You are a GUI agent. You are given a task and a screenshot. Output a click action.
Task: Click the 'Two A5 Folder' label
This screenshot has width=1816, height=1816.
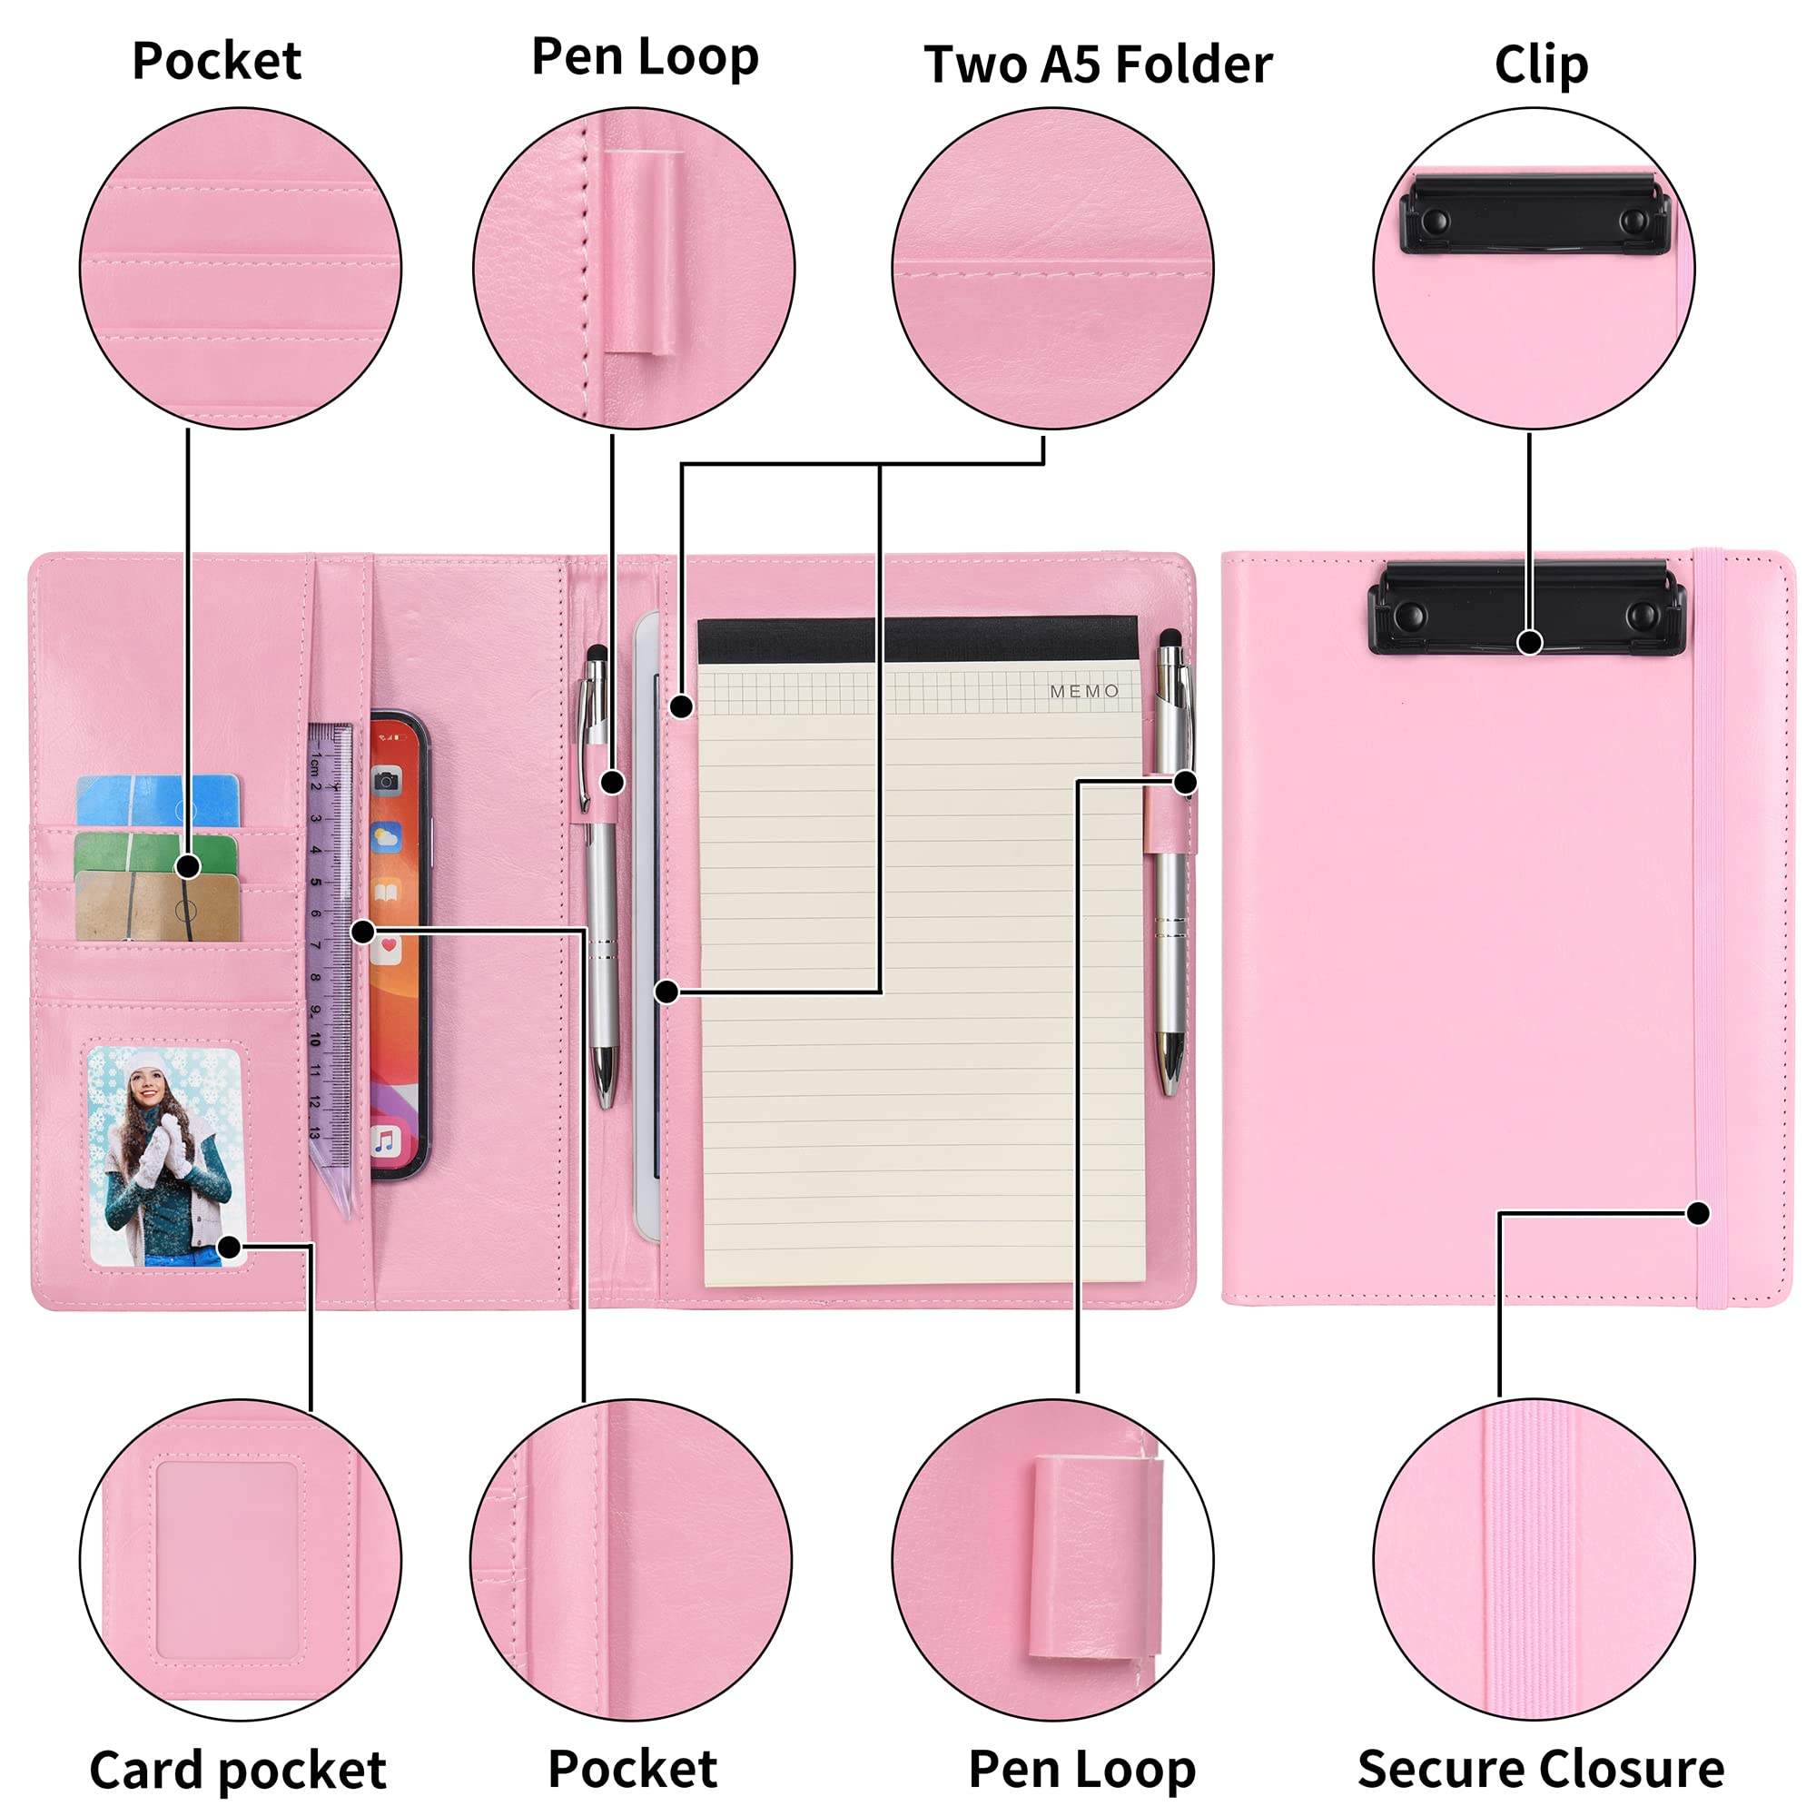(1098, 64)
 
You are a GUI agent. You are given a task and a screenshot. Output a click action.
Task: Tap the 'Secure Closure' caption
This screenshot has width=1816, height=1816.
(1541, 1769)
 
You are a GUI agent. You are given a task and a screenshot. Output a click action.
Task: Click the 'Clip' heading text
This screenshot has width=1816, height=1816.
(1542, 65)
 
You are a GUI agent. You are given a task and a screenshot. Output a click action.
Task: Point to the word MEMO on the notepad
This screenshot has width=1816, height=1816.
(1084, 691)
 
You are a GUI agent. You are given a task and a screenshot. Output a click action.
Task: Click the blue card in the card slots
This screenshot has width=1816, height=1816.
(158, 800)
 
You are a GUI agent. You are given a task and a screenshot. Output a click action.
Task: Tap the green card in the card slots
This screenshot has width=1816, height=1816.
(156, 855)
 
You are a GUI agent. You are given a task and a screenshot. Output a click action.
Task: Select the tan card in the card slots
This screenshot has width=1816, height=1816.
(158, 907)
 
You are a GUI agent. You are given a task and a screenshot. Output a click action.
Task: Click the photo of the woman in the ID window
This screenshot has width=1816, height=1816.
(167, 1157)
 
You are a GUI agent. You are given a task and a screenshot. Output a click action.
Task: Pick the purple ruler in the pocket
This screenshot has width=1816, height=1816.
(331, 968)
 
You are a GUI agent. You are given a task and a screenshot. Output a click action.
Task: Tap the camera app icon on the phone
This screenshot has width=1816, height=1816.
(386, 781)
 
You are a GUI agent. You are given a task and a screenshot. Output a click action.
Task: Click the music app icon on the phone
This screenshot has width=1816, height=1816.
(385, 1142)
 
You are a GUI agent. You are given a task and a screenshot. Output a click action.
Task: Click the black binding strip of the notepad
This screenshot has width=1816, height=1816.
(917, 640)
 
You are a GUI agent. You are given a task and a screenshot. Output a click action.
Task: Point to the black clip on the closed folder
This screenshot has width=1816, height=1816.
(1526, 607)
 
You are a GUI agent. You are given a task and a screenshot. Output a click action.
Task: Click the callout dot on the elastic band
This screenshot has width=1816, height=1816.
(1698, 1213)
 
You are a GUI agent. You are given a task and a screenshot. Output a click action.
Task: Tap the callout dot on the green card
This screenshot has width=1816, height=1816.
(188, 865)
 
